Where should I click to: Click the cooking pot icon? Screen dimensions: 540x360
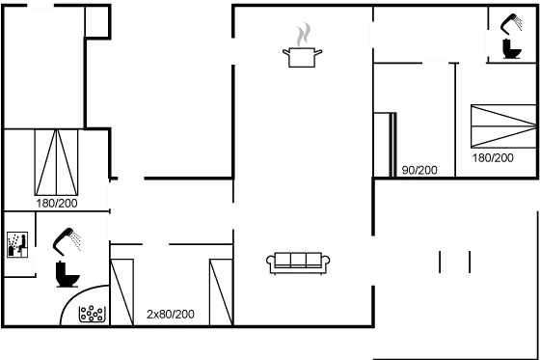pyautogui.click(x=303, y=57)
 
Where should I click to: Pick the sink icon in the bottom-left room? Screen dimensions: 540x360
pyautogui.click(x=15, y=247)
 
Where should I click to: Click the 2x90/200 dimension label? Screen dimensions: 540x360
pyautogui.click(x=171, y=315)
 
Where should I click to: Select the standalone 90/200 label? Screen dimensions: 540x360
pyautogui.click(x=419, y=170)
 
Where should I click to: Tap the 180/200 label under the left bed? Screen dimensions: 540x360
pyautogui.click(x=56, y=204)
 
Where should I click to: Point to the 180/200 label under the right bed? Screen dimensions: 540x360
pyautogui.click(x=492, y=156)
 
